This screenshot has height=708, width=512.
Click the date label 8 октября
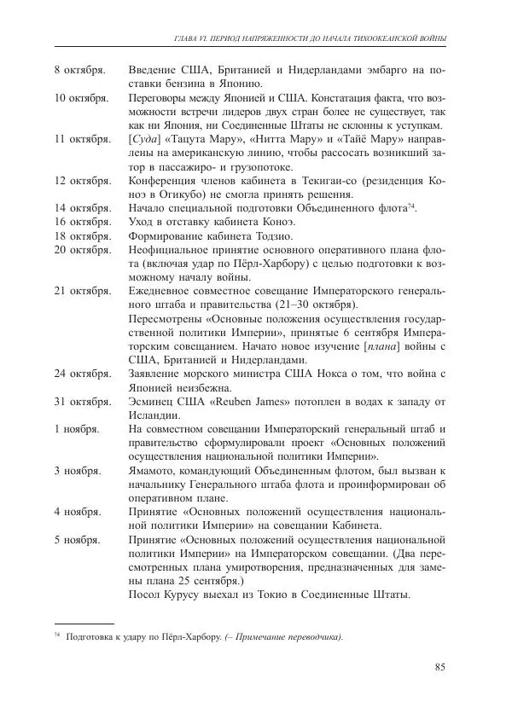point(79,69)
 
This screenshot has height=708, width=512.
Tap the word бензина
point(185,84)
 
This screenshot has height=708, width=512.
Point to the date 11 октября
point(82,138)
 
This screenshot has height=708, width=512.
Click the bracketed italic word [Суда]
point(145,138)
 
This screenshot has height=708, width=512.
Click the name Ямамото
point(156,471)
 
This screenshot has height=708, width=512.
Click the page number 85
point(440,666)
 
